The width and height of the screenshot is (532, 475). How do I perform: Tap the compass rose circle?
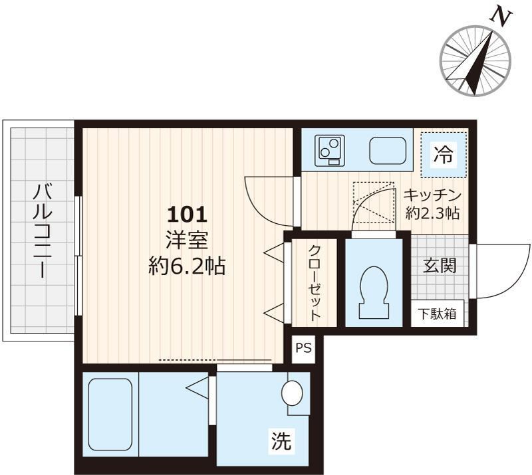click(476, 60)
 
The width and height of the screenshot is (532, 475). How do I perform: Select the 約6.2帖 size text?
click(187, 267)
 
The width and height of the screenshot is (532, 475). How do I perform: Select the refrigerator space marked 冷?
click(444, 153)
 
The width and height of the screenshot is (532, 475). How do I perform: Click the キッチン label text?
click(433, 195)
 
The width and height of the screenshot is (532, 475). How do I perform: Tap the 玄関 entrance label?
click(439, 267)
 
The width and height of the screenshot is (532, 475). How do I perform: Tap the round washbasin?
click(293, 393)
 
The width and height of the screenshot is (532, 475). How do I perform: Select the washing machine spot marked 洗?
click(281, 442)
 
